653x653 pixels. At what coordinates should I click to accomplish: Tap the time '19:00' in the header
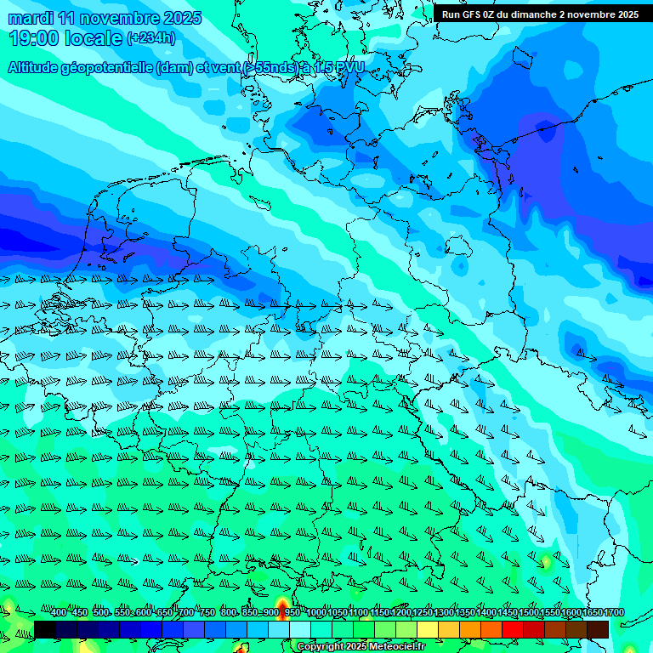point(31,38)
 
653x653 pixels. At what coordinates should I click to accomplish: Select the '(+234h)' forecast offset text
point(150,38)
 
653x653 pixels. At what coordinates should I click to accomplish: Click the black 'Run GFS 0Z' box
point(540,14)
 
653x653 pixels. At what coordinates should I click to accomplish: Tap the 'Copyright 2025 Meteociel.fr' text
point(361,647)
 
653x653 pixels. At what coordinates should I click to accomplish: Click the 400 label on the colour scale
point(59,613)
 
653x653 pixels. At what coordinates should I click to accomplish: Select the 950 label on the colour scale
point(292,613)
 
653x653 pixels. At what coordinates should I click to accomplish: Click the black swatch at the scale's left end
point(45,629)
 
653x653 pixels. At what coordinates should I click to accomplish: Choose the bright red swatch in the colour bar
point(512,629)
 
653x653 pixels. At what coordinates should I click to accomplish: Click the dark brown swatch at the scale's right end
point(598,629)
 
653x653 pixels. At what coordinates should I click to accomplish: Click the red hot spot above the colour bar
point(281,605)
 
